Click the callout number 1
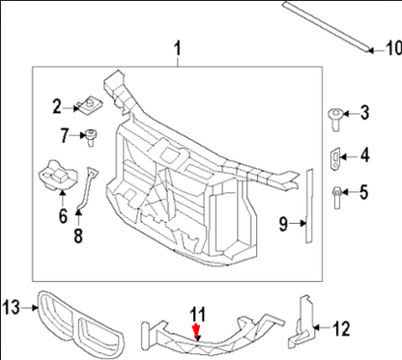point(178,48)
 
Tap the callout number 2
point(57,105)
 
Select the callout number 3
point(364,114)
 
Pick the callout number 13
point(12,307)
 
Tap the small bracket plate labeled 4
point(335,154)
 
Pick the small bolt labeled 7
point(93,136)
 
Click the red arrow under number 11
point(197,333)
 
